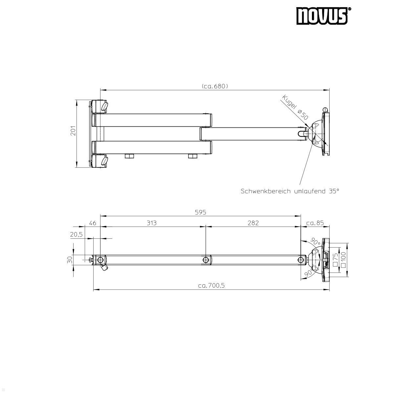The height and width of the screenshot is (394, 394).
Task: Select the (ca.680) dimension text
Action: (215, 86)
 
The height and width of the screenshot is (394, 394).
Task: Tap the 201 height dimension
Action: (73, 130)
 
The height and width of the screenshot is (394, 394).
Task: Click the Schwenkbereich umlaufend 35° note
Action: (290, 191)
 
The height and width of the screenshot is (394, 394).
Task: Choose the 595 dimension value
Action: (200, 212)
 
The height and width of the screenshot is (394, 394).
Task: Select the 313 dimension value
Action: (151, 223)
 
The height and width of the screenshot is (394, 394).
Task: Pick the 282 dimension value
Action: (253, 223)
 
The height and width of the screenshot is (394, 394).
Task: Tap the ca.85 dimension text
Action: (315, 223)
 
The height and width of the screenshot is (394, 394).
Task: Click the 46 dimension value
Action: (93, 223)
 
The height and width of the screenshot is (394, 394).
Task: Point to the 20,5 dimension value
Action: (76, 235)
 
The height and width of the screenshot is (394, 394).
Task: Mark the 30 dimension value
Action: (70, 260)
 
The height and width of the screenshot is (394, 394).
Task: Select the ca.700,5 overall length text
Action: (211, 286)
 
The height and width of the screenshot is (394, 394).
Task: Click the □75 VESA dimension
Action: (335, 259)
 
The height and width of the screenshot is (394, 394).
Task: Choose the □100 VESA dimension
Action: (343, 259)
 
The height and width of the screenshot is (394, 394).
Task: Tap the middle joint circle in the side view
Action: (206, 260)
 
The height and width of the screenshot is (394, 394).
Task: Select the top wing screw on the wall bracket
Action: (104, 106)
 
